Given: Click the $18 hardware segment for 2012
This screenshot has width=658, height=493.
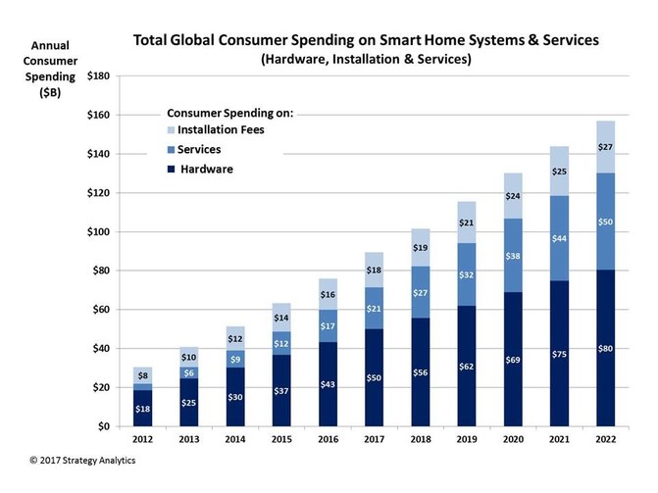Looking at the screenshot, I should tap(143, 409).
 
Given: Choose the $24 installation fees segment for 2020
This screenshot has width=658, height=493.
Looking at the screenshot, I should tap(513, 196).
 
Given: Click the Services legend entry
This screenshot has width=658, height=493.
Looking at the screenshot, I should tap(197, 149).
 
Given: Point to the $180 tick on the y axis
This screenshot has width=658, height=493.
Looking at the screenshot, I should tap(96, 76).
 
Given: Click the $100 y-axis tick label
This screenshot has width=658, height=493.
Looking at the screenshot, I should tap(96, 232).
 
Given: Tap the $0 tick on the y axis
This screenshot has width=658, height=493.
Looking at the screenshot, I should tap(102, 426).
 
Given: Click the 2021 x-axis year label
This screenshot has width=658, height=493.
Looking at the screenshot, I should tap(558, 440).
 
